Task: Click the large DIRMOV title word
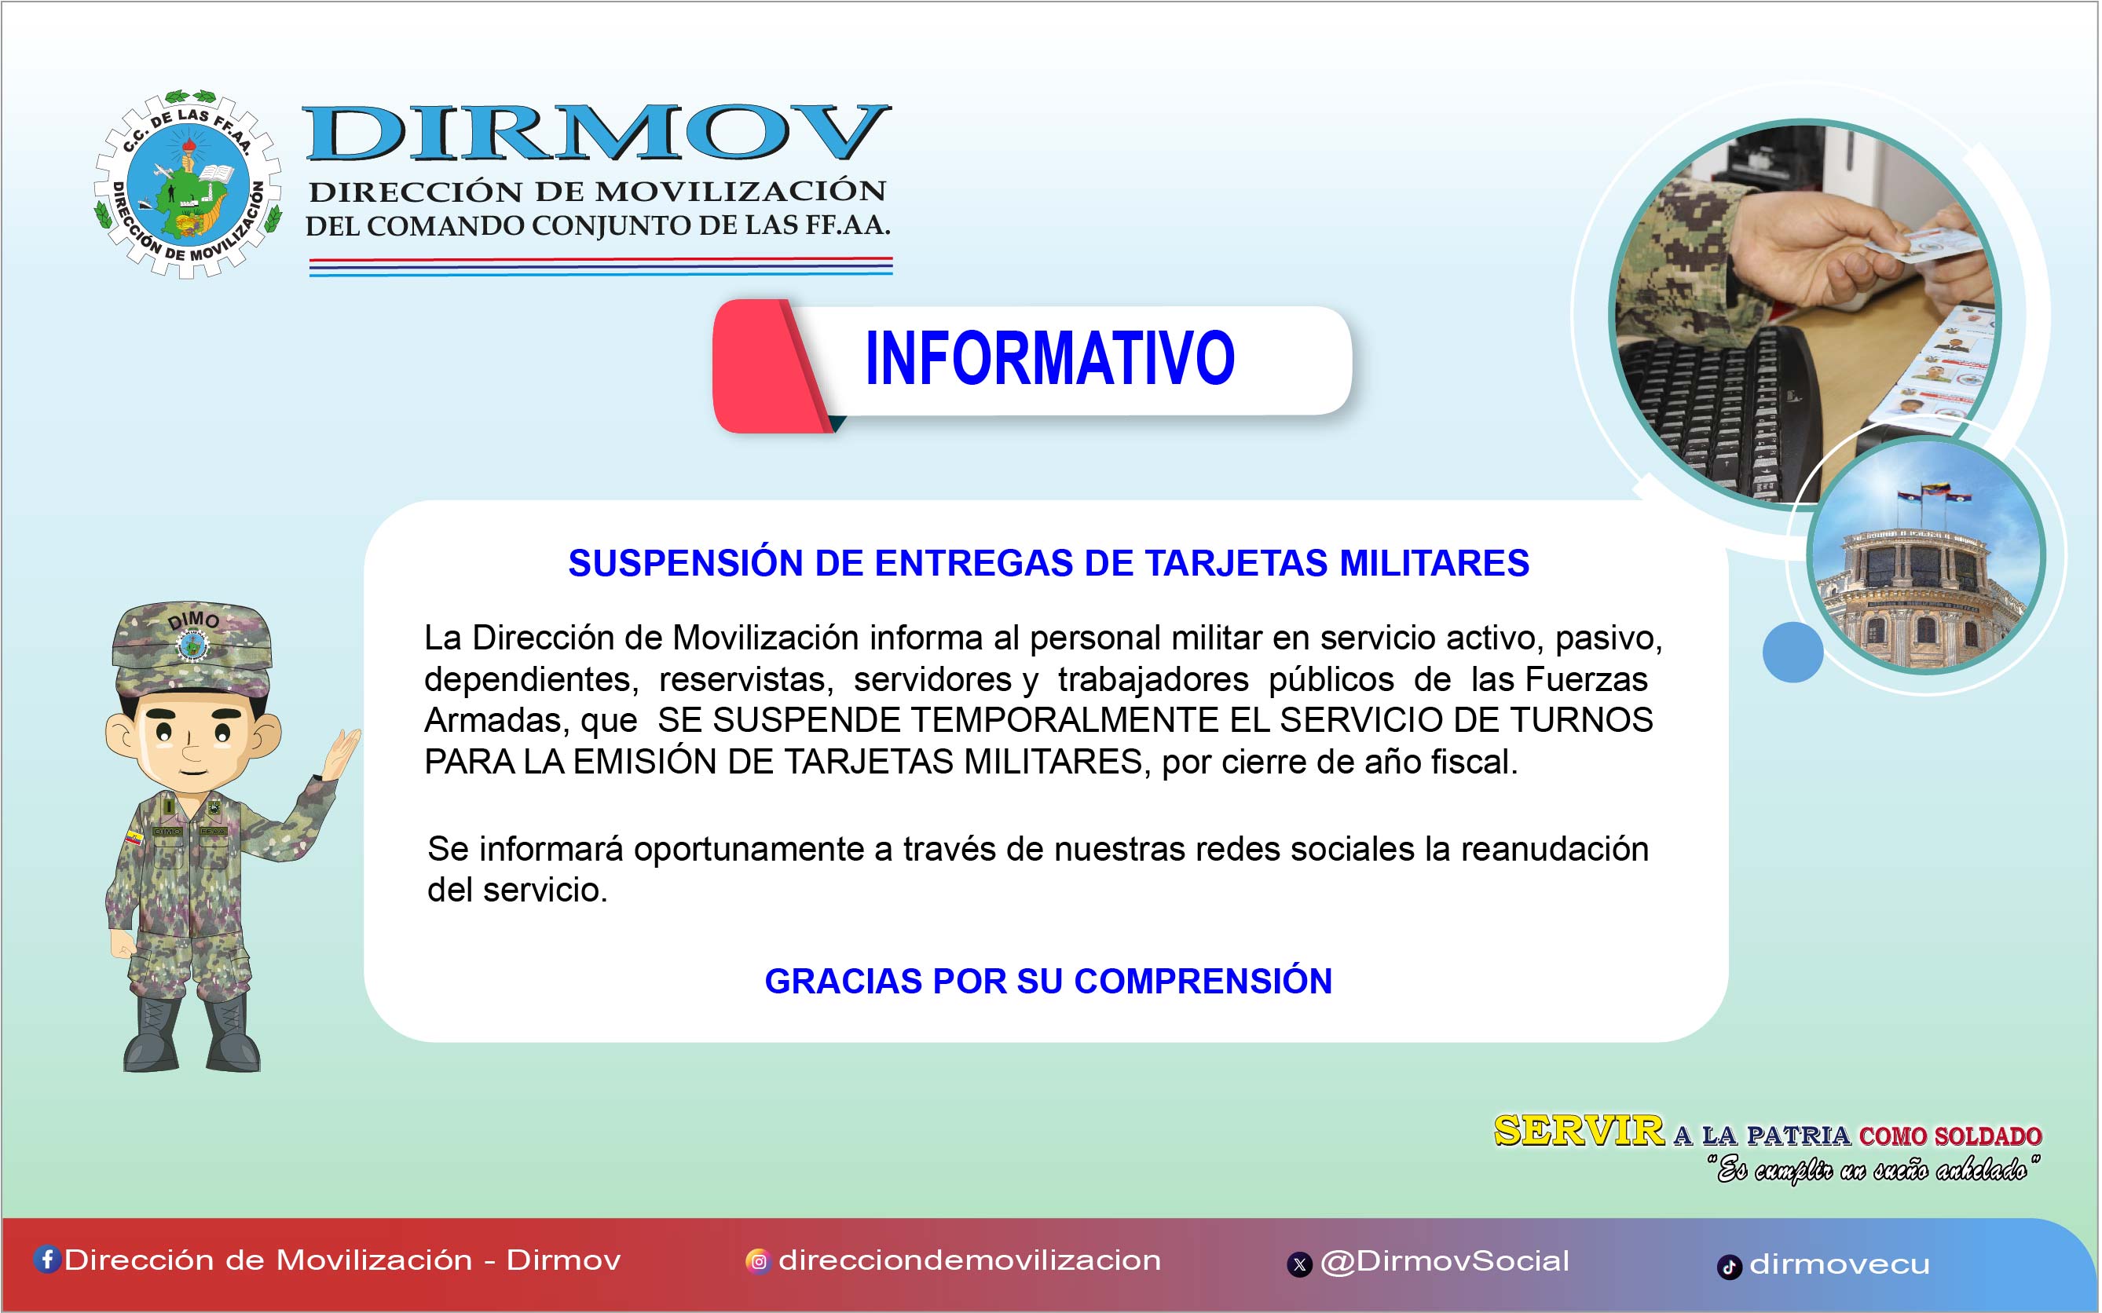(598, 133)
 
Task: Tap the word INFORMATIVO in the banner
(1049, 359)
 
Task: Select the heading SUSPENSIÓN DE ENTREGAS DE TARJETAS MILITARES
(1049, 563)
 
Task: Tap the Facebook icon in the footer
(47, 1259)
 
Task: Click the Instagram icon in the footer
(758, 1261)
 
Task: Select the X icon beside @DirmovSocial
(1299, 1264)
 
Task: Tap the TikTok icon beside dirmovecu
(1730, 1267)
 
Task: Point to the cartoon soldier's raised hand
(339, 752)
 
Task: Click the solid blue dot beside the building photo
(1793, 651)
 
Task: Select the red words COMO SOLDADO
(1950, 1136)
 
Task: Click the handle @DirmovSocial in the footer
(1445, 1261)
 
